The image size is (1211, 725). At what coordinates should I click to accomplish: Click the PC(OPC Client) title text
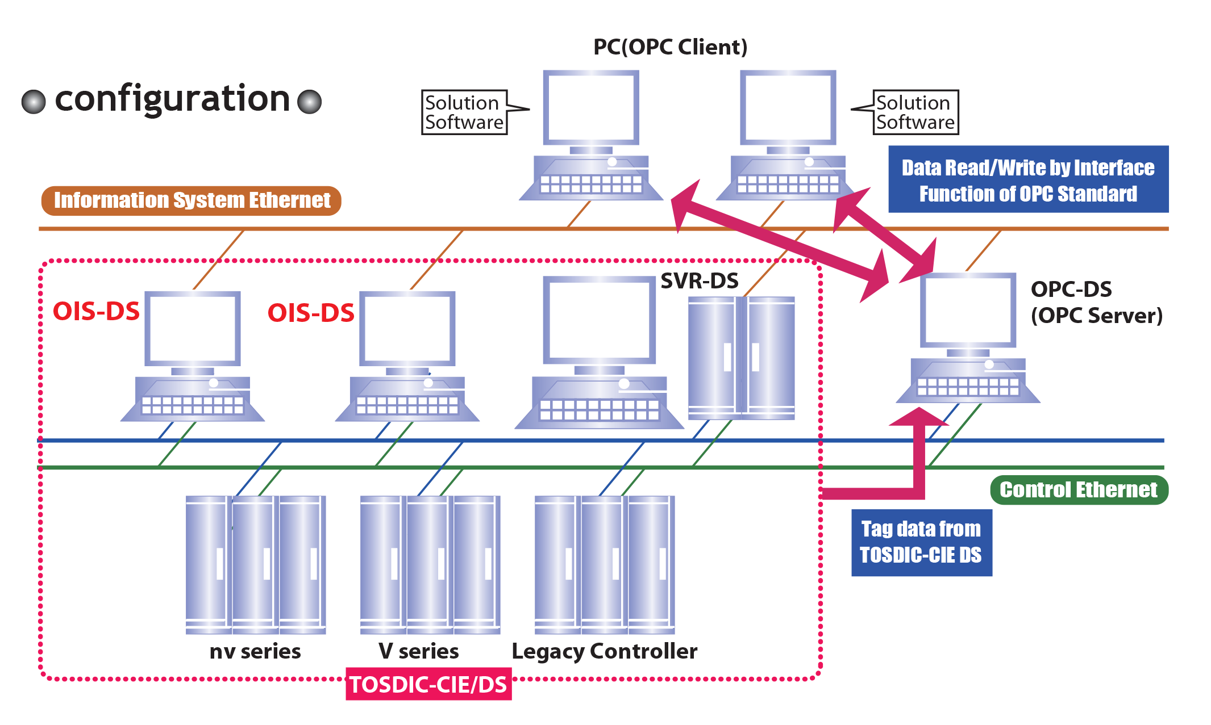[x=670, y=47]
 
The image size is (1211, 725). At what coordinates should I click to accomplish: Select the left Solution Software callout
[x=464, y=112]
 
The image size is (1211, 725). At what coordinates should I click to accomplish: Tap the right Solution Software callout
[x=915, y=112]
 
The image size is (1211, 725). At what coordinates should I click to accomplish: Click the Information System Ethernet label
[x=192, y=200]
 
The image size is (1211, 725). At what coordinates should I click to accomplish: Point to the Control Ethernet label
[x=1078, y=489]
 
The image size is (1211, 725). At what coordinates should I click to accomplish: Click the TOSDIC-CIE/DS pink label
[x=428, y=684]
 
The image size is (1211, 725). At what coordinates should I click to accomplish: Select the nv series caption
[x=255, y=651]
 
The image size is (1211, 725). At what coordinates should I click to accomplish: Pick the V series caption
[x=418, y=651]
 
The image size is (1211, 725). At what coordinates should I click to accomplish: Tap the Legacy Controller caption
[x=604, y=651]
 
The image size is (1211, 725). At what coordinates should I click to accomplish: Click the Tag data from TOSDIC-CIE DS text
[x=921, y=542]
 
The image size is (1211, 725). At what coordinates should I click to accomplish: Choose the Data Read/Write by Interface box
[x=1028, y=180]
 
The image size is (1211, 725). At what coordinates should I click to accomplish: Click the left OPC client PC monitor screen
[x=591, y=108]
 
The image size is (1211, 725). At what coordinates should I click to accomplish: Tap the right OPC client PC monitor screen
[x=788, y=108]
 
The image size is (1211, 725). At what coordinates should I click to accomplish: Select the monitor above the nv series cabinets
[x=193, y=329]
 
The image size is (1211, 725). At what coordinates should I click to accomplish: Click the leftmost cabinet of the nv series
[x=206, y=562]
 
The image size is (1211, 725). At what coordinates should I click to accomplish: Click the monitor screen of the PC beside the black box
[x=968, y=311]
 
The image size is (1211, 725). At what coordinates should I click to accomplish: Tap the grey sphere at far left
[x=34, y=102]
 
